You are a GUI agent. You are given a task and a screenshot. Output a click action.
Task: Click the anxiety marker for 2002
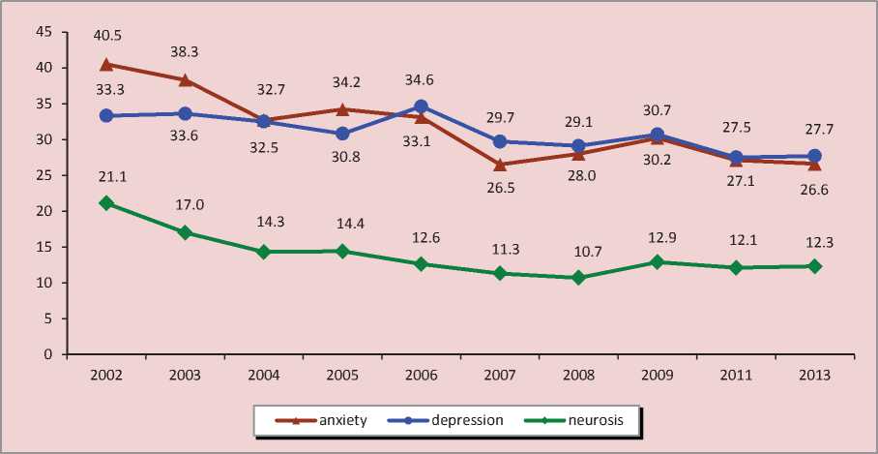click(x=105, y=65)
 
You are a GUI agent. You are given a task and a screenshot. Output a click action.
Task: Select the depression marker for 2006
click(x=421, y=106)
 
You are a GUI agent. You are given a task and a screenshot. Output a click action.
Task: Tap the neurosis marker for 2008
click(x=578, y=278)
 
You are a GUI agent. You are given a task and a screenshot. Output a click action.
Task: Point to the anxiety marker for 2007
click(x=499, y=165)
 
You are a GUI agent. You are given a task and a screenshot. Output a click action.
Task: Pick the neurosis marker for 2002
click(x=105, y=203)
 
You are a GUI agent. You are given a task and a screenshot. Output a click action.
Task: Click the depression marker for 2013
click(x=815, y=156)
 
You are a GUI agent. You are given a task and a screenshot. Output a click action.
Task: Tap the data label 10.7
click(x=578, y=252)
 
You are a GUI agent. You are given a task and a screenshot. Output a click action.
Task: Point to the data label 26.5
click(x=499, y=191)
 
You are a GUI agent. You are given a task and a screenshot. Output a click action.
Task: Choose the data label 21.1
click(x=105, y=175)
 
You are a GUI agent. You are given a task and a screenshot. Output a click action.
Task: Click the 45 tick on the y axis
click(x=44, y=32)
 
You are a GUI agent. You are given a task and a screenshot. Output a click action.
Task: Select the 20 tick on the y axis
click(x=44, y=211)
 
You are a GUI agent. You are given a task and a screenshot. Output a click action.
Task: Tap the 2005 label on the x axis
click(x=341, y=374)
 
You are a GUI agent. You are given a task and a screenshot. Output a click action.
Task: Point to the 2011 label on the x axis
click(x=736, y=374)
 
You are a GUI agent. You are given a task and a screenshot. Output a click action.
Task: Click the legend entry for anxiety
click(x=318, y=420)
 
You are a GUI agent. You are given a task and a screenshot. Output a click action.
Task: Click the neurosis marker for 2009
click(x=658, y=262)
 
